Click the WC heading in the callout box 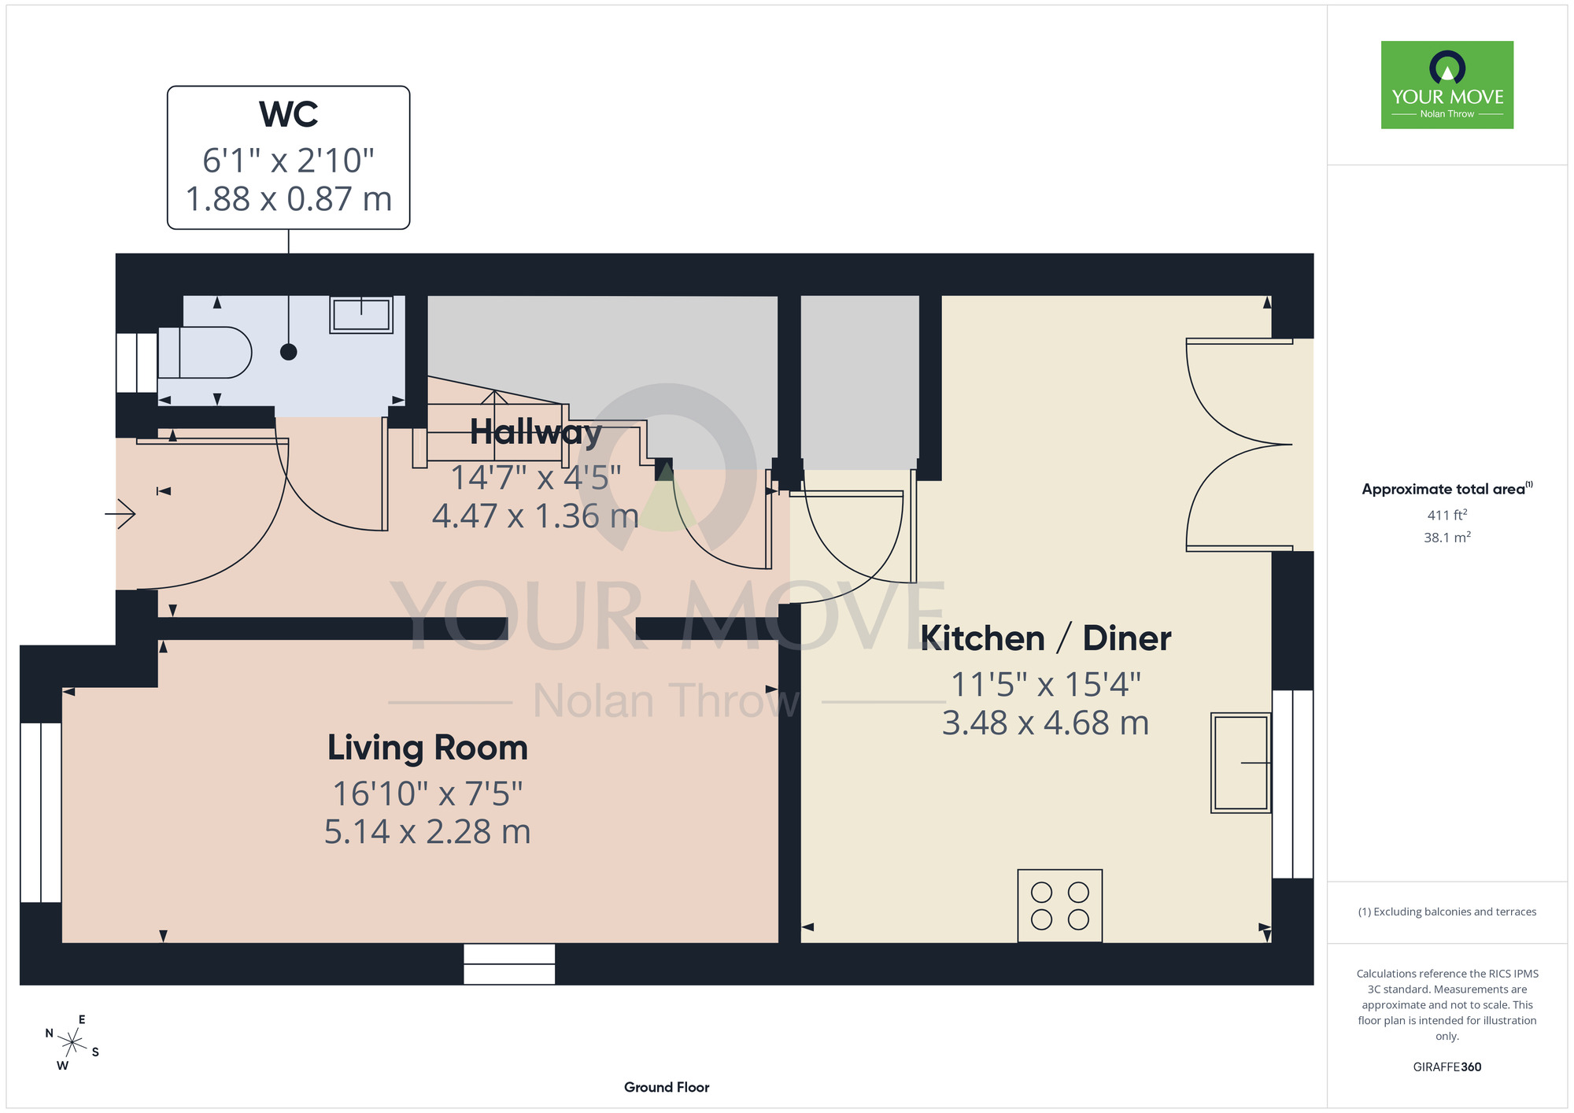tap(289, 115)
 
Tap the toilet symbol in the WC tap(205, 353)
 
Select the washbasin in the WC tap(361, 315)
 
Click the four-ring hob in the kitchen tap(1060, 905)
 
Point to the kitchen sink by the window tap(1241, 763)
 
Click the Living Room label tap(427, 748)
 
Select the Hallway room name tap(536, 432)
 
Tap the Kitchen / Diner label tap(1046, 638)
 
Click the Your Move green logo tap(1447, 85)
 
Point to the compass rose tap(72, 1043)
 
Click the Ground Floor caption tap(667, 1087)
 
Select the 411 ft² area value tap(1447, 515)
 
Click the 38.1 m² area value tap(1447, 538)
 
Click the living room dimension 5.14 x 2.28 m tap(427, 832)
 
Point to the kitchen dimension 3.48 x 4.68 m tap(1046, 723)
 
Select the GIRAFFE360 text tap(1447, 1067)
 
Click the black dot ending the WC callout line tap(289, 352)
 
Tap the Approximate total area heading tap(1447, 489)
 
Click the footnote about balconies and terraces tap(1447, 911)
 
